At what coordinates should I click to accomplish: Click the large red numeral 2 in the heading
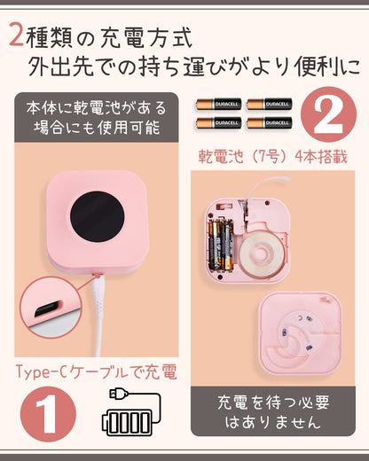point(15,35)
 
